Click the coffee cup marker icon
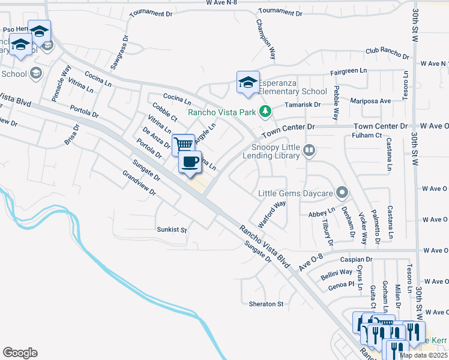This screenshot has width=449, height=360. pos(190,161)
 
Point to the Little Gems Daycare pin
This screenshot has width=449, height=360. pos(342,193)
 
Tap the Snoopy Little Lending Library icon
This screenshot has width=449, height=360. pos(309,150)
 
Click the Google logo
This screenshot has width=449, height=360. pos(20,353)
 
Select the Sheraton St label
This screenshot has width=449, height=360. pos(266,304)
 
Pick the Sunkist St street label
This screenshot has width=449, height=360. pos(172,230)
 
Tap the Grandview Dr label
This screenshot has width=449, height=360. pos(139,185)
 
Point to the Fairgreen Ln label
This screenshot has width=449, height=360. pos(348,71)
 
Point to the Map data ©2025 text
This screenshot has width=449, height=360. pos(423,355)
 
